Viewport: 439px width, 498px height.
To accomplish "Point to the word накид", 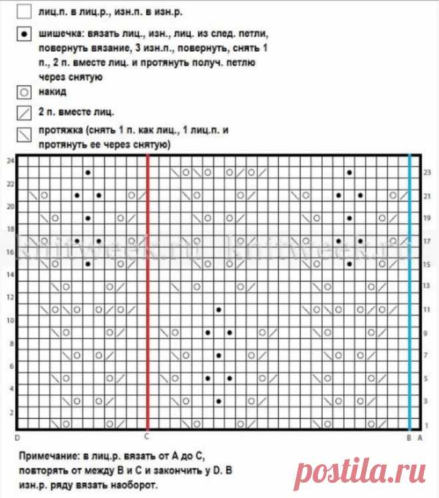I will [x=53, y=93].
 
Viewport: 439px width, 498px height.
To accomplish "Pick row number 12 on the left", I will [x=9, y=298].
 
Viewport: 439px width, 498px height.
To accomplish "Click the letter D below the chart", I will [x=17, y=437].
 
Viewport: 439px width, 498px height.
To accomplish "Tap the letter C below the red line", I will [x=146, y=437].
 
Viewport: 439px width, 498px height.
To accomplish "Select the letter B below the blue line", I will [x=409, y=437].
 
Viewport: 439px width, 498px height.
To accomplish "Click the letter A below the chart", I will [x=420, y=437].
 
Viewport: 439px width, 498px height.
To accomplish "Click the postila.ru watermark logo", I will [x=363, y=473].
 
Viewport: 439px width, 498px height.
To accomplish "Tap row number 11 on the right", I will [x=427, y=310].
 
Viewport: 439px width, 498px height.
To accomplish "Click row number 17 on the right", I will [x=427, y=242].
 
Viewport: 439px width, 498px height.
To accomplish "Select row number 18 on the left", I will [x=9, y=229].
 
